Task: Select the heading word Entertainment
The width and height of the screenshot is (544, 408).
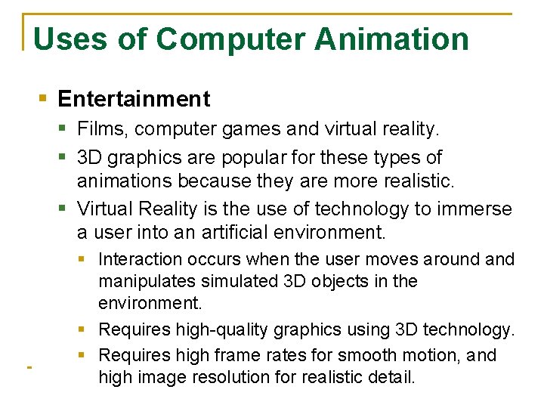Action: [x=134, y=99]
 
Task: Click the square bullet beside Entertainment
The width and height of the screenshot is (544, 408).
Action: [x=44, y=98]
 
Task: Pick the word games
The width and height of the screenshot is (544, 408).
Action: [x=255, y=130]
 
